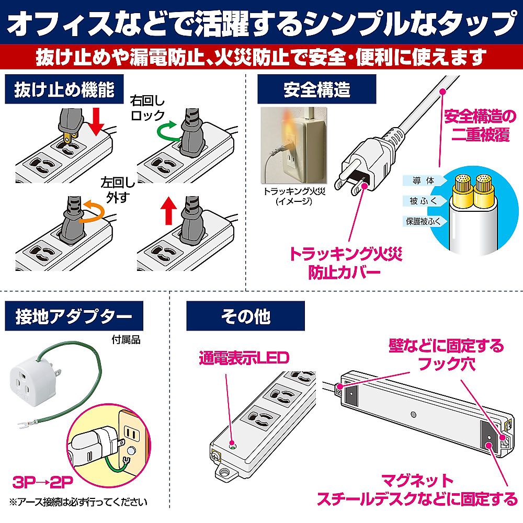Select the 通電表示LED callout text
coord(243,358)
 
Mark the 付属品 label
coord(126,339)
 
